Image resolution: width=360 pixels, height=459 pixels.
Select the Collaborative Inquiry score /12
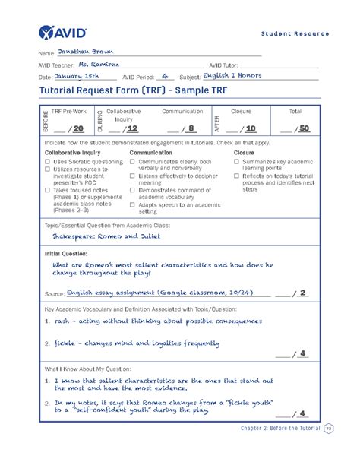point(131,128)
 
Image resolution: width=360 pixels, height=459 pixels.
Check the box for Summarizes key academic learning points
point(236,162)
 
